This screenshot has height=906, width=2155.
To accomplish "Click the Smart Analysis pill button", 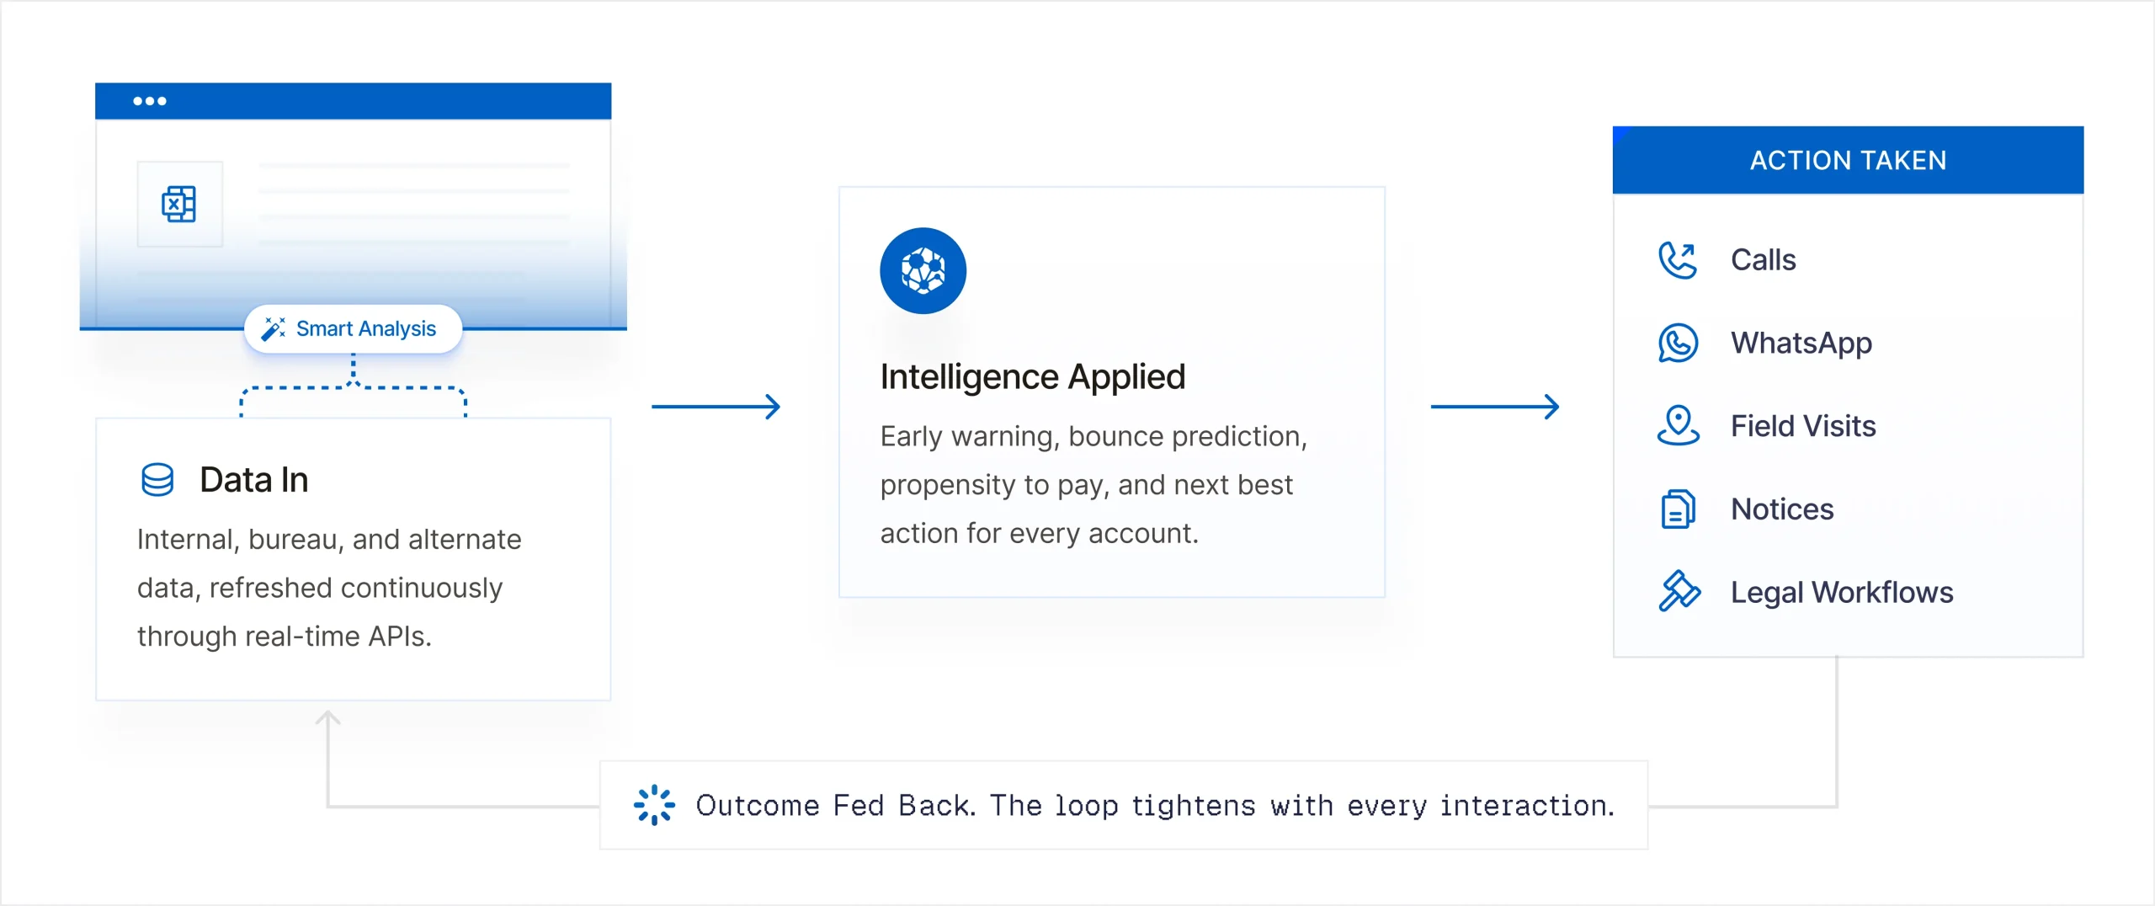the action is pyautogui.click(x=353, y=328).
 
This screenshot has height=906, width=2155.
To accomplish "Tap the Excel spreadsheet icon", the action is pyautogui.click(x=178, y=204).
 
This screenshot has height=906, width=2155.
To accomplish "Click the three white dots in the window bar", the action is pyautogui.click(x=150, y=101).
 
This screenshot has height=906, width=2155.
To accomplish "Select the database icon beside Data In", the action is pyautogui.click(x=157, y=480).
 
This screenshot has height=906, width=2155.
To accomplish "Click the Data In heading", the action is pyautogui.click(x=254, y=480).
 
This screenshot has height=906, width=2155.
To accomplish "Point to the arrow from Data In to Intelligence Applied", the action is pyautogui.click(x=716, y=407).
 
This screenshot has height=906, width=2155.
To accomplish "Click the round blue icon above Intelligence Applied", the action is pyautogui.click(x=923, y=271).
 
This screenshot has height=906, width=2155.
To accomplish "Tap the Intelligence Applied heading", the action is pyautogui.click(x=1033, y=376).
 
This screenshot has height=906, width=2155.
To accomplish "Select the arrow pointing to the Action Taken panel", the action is pyautogui.click(x=1495, y=407).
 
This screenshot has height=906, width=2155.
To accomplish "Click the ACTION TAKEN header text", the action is pyautogui.click(x=1849, y=160).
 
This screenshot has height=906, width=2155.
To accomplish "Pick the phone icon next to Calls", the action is pyautogui.click(x=1678, y=260).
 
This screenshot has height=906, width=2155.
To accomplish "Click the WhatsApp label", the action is pyautogui.click(x=1801, y=344).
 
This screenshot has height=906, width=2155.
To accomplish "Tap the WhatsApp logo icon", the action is pyautogui.click(x=1678, y=343).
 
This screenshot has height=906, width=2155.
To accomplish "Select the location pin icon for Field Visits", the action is pyautogui.click(x=1678, y=425).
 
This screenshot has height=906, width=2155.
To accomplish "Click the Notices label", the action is pyautogui.click(x=1782, y=509).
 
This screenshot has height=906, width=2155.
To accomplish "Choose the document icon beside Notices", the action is pyautogui.click(x=1678, y=509).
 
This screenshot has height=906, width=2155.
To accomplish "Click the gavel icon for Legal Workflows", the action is pyautogui.click(x=1679, y=591).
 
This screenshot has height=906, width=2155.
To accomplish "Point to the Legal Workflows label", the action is pyautogui.click(x=1842, y=593).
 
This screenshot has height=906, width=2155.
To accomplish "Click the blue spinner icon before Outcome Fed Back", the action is pyautogui.click(x=654, y=805).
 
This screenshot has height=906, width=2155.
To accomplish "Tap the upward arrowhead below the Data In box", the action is pyautogui.click(x=327, y=718).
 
